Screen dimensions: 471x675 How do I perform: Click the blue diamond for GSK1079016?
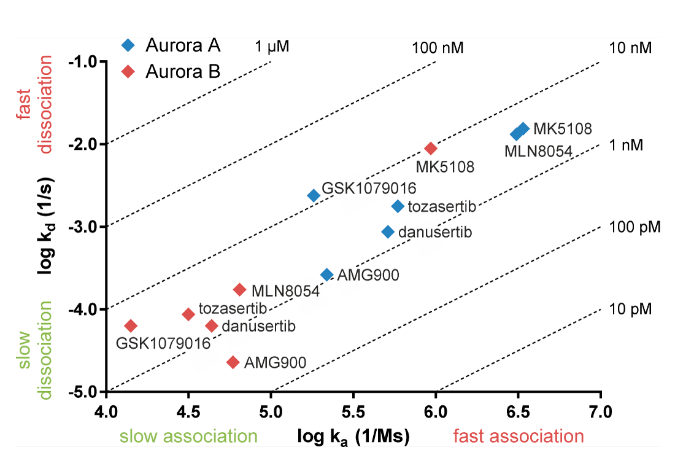click(314, 195)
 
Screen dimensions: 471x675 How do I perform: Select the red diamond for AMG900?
click(233, 362)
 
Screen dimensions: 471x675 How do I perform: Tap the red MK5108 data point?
click(431, 148)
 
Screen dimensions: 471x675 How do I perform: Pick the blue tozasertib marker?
click(398, 206)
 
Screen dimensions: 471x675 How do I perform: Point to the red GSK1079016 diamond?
click(130, 325)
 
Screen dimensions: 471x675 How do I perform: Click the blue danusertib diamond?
click(388, 232)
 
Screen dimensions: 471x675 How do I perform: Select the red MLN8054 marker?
click(240, 289)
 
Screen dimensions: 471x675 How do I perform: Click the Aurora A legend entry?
click(172, 45)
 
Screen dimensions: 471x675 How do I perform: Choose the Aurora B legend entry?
click(172, 71)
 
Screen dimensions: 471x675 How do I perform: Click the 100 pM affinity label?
click(634, 227)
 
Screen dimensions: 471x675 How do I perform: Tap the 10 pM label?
click(630, 309)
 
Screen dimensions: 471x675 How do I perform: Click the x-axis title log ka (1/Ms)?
click(353, 437)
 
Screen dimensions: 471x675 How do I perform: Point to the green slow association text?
click(188, 437)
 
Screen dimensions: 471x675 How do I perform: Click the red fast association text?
click(518, 437)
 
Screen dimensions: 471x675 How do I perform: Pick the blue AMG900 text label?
click(368, 275)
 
